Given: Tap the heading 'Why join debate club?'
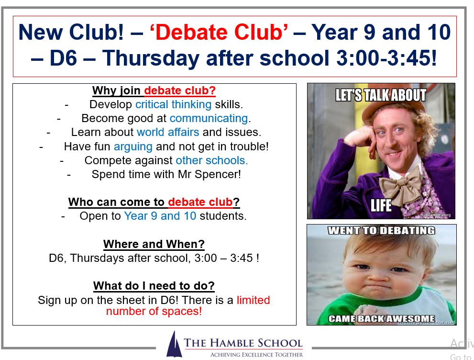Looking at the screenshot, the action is click(x=154, y=90).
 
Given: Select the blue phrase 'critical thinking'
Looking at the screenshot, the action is click(x=173, y=104).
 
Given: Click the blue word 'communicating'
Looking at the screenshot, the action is click(x=209, y=118).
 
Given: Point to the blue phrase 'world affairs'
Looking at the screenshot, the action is click(x=168, y=132).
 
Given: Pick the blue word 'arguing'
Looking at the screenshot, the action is click(x=133, y=146).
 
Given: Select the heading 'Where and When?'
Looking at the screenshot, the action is click(x=154, y=244).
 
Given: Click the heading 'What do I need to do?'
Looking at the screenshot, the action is click(x=154, y=286).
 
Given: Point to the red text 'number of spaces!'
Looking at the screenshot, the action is click(x=154, y=311).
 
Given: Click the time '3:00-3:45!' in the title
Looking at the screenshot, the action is click(x=386, y=57).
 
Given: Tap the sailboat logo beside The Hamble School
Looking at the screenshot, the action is click(x=174, y=344).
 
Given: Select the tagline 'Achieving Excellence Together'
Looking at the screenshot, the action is click(x=257, y=355).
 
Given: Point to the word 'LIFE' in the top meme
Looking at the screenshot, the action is click(x=381, y=205).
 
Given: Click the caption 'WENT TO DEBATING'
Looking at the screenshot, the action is click(x=382, y=231).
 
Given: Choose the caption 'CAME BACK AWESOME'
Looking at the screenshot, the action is click(x=382, y=318).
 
